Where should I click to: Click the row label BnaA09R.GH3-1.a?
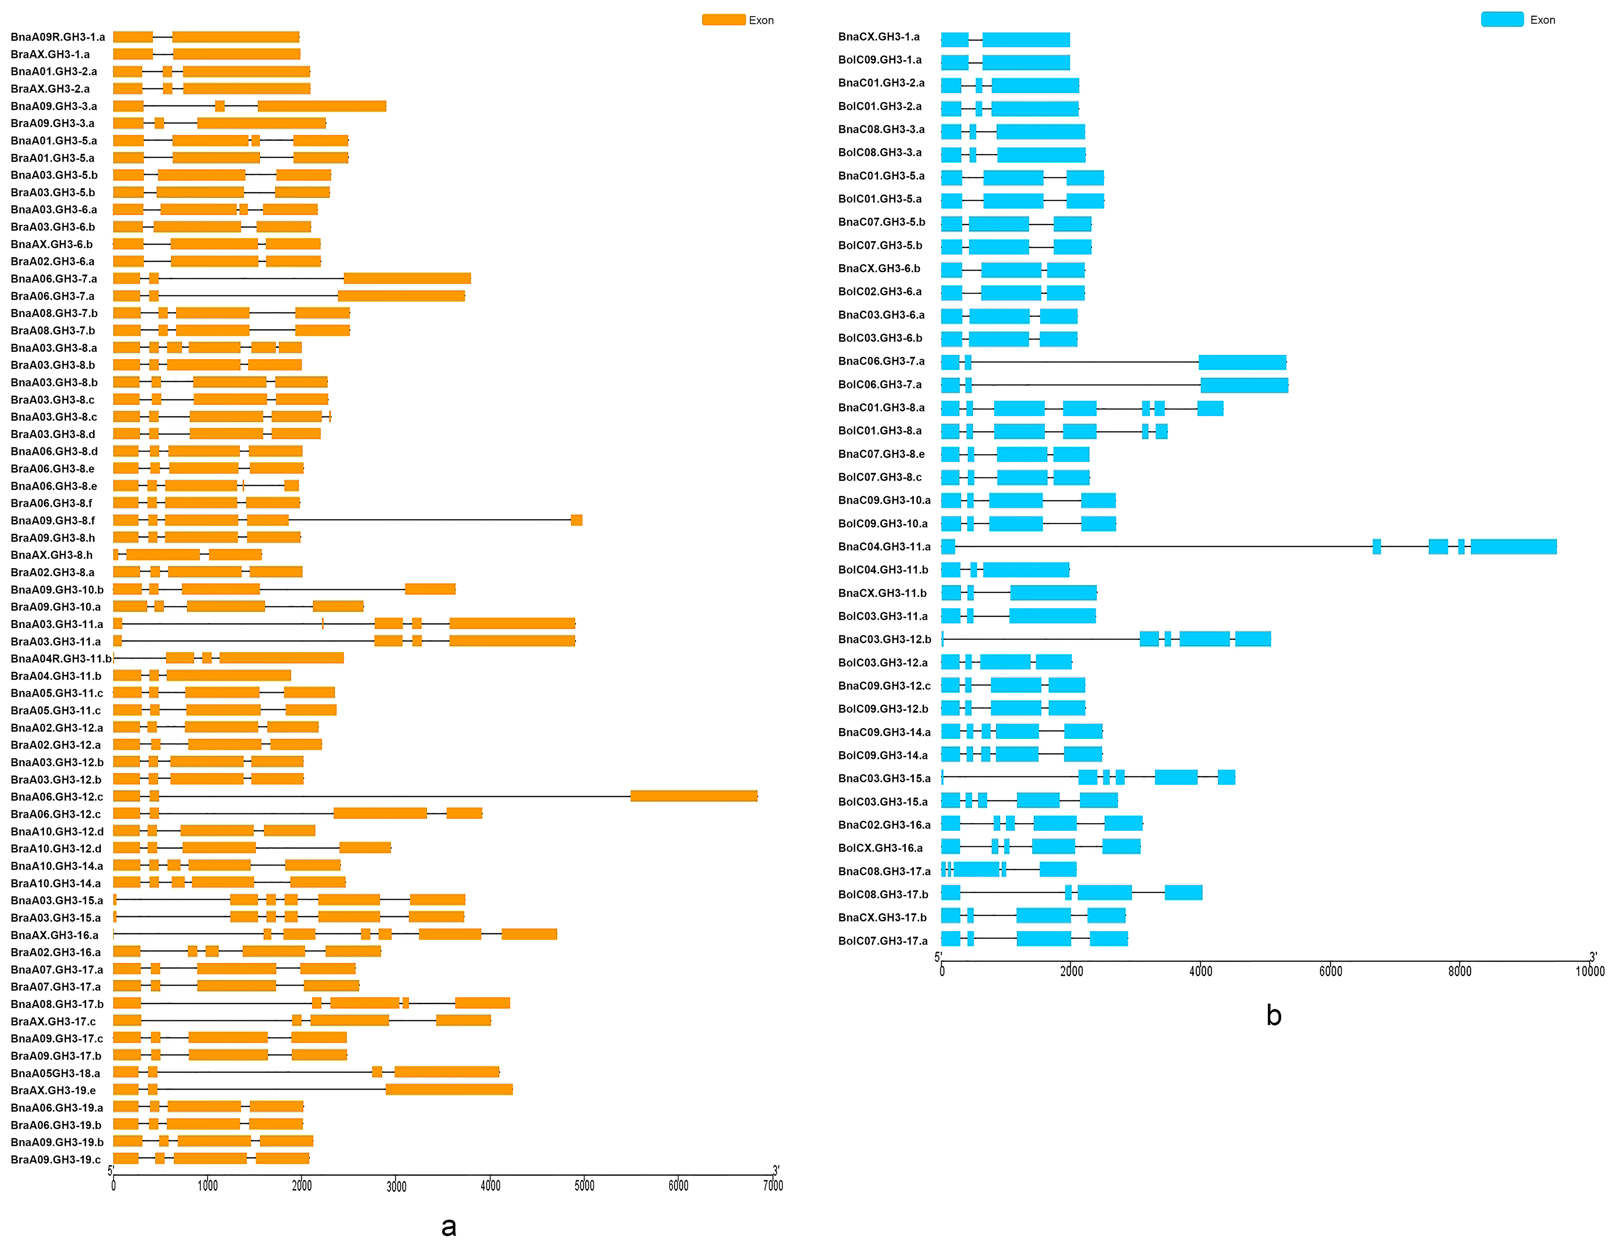(x=58, y=37)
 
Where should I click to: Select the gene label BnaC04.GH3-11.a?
(x=884, y=546)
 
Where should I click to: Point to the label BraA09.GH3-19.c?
(x=55, y=1159)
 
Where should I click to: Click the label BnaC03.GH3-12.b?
(x=884, y=639)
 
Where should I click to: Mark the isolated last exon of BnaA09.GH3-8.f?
(x=576, y=520)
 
